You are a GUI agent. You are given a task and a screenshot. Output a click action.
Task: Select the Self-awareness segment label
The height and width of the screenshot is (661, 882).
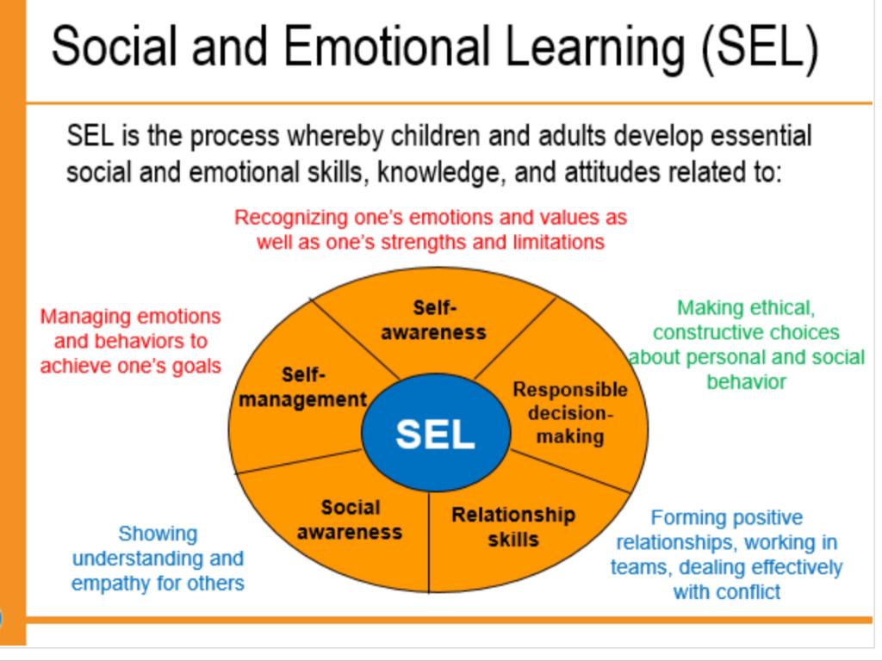click(434, 319)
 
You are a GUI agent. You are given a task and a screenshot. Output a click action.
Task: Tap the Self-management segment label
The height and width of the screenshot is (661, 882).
click(303, 387)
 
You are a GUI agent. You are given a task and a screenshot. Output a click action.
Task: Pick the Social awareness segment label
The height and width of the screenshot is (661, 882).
click(350, 520)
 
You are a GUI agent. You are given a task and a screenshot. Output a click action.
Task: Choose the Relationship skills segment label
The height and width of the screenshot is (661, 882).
click(513, 527)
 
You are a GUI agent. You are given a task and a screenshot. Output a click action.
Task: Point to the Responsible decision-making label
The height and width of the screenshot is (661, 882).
click(570, 412)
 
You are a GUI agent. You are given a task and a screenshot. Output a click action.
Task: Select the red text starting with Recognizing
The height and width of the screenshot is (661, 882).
click(431, 229)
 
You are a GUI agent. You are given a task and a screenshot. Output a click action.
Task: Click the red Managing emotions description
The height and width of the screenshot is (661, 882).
click(131, 341)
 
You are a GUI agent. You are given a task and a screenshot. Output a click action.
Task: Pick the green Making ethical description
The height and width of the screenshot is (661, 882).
click(746, 344)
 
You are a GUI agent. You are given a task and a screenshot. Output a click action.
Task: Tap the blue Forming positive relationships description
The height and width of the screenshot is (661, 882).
click(727, 554)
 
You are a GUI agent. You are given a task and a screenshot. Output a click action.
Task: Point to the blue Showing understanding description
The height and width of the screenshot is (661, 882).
click(158, 558)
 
